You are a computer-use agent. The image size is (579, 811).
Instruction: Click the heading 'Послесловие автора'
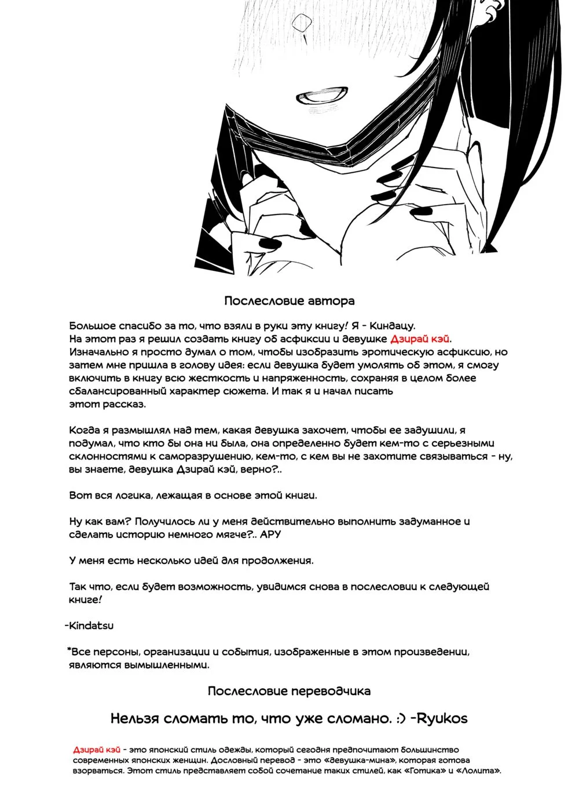(289, 301)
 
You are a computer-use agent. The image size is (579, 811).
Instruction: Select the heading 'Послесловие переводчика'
(289, 691)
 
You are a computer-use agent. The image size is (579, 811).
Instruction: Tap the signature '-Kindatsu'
(89, 625)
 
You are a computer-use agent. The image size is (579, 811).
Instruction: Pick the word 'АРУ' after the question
(270, 534)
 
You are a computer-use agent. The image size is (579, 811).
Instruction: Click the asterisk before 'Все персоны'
(69, 650)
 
